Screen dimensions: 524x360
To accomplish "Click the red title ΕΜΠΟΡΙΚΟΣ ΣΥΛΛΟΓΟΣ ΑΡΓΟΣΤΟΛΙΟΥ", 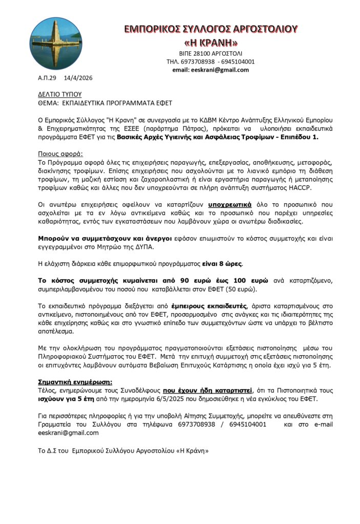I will coord(211,29).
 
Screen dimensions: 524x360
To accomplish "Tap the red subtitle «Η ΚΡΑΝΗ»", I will coord(211,42).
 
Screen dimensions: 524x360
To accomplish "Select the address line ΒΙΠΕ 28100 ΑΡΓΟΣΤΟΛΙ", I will coord(211,53).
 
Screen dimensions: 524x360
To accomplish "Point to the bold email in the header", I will coord(211,70).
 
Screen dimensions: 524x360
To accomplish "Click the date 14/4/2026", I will coord(78,78).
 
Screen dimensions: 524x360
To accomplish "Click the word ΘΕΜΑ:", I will coord(49,102).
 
